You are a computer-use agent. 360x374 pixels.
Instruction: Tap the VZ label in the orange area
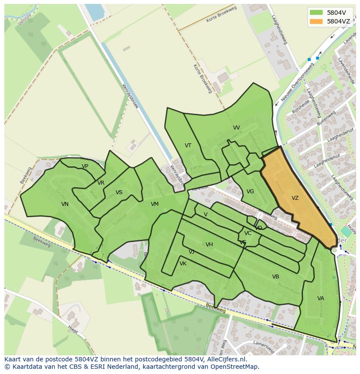click(295, 198)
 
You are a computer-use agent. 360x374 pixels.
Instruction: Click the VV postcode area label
click(237, 128)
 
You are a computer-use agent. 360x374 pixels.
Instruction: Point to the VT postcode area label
click(188, 146)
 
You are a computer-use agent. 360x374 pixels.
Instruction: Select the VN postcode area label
click(65, 204)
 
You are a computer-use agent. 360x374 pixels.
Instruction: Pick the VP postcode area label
click(85, 166)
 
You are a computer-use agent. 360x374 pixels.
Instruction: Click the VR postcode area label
click(101, 183)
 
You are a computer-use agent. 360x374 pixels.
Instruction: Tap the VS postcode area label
click(119, 192)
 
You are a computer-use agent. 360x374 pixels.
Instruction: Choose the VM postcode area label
click(155, 204)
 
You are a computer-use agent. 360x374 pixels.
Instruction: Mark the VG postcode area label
click(250, 192)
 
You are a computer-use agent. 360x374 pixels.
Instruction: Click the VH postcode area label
click(209, 245)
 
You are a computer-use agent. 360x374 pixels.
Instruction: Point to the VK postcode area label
click(183, 264)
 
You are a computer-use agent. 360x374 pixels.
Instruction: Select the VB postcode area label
click(276, 277)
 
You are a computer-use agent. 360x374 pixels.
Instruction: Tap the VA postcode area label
click(320, 298)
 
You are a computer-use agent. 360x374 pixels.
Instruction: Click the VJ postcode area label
click(191, 252)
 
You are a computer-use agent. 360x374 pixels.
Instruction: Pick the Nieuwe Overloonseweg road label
click(297, 82)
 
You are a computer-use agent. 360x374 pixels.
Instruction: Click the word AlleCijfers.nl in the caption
click(227, 359)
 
